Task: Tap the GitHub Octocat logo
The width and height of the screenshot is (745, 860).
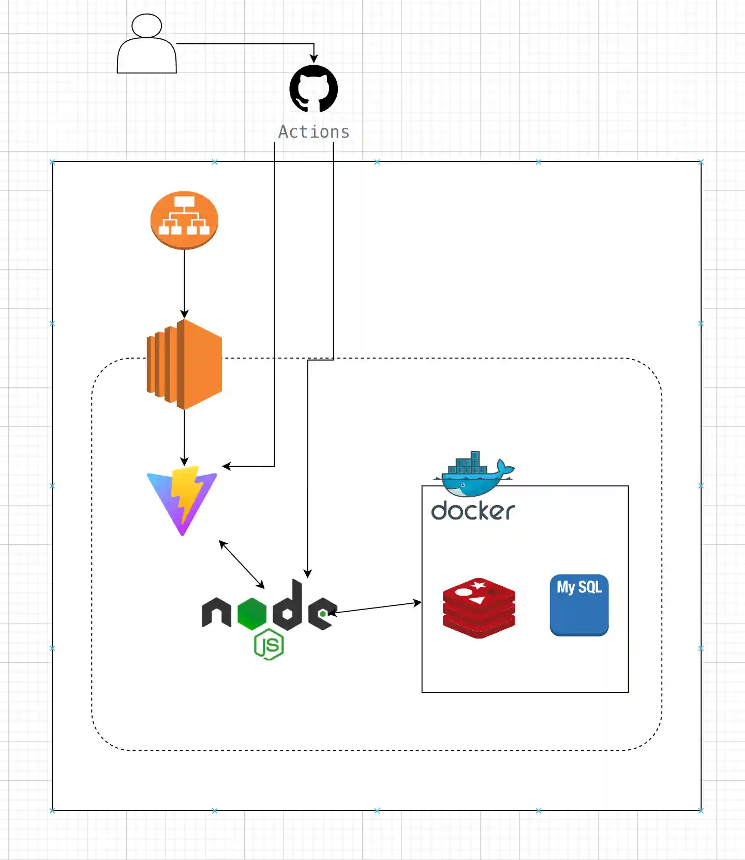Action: click(314, 89)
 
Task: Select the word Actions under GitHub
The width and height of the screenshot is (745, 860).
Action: click(314, 132)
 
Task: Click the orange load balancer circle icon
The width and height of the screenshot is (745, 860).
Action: click(184, 220)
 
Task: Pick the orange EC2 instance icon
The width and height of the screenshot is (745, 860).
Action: click(184, 364)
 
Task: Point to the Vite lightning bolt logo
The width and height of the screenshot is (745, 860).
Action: click(182, 499)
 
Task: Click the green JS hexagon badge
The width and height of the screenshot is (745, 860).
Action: click(269, 645)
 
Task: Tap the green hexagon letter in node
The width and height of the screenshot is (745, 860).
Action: click(252, 613)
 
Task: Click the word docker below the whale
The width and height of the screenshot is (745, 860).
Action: click(473, 511)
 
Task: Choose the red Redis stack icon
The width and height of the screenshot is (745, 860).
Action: click(479, 608)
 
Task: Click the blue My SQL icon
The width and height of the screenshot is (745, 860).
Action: click(579, 605)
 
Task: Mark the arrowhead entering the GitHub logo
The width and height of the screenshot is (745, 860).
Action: click(314, 59)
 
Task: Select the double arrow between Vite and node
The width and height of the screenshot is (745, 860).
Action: click(242, 565)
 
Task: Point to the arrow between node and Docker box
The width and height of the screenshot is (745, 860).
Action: click(375, 607)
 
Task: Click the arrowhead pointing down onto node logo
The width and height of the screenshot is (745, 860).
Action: click(308, 573)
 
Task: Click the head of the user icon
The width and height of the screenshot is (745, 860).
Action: click(147, 25)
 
